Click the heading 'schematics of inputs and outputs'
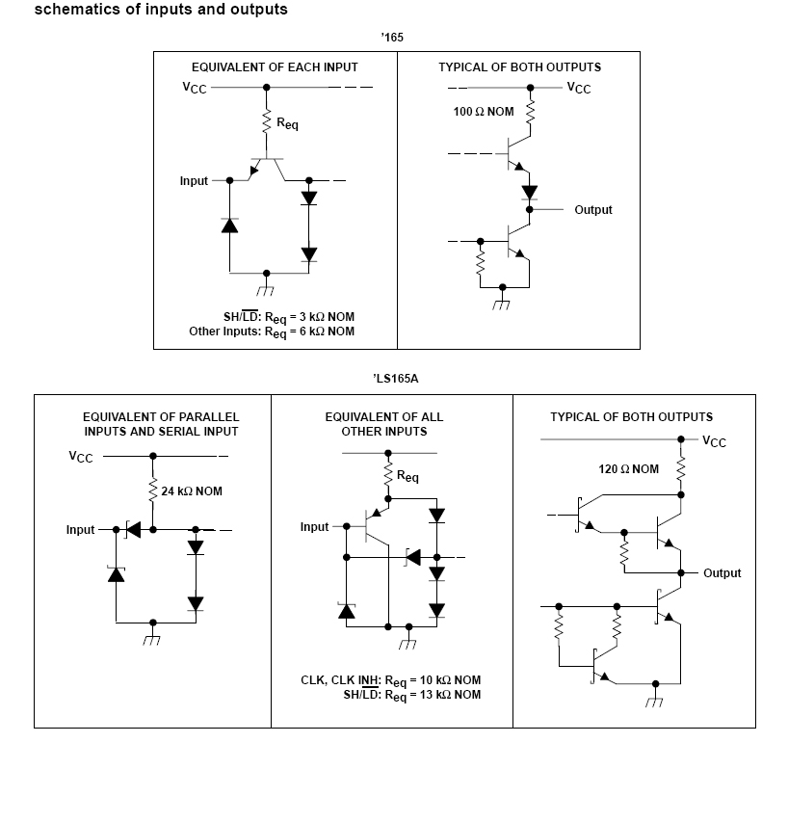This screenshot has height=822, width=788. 161,11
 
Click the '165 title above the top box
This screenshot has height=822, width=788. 392,38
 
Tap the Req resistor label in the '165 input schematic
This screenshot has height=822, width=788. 287,123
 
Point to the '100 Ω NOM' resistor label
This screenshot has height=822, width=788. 484,112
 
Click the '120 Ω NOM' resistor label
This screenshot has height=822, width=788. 629,469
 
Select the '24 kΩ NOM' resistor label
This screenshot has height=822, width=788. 192,491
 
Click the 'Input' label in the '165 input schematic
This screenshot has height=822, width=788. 194,181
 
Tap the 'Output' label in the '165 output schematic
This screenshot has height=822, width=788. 592,210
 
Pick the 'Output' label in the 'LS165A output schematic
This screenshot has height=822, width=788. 722,573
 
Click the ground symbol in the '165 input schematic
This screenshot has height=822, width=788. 266,289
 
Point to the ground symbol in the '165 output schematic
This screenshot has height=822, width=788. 501,304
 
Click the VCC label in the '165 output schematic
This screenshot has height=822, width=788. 579,89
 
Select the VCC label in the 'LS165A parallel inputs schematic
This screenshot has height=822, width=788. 81,457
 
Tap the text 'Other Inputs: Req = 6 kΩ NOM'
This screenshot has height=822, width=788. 272,332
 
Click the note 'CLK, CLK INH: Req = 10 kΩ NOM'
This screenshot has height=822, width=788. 390,681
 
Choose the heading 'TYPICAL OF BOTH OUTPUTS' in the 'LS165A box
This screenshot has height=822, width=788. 631,417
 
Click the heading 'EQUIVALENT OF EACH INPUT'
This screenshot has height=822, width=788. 275,67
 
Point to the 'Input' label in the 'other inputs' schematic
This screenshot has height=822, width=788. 314,527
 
